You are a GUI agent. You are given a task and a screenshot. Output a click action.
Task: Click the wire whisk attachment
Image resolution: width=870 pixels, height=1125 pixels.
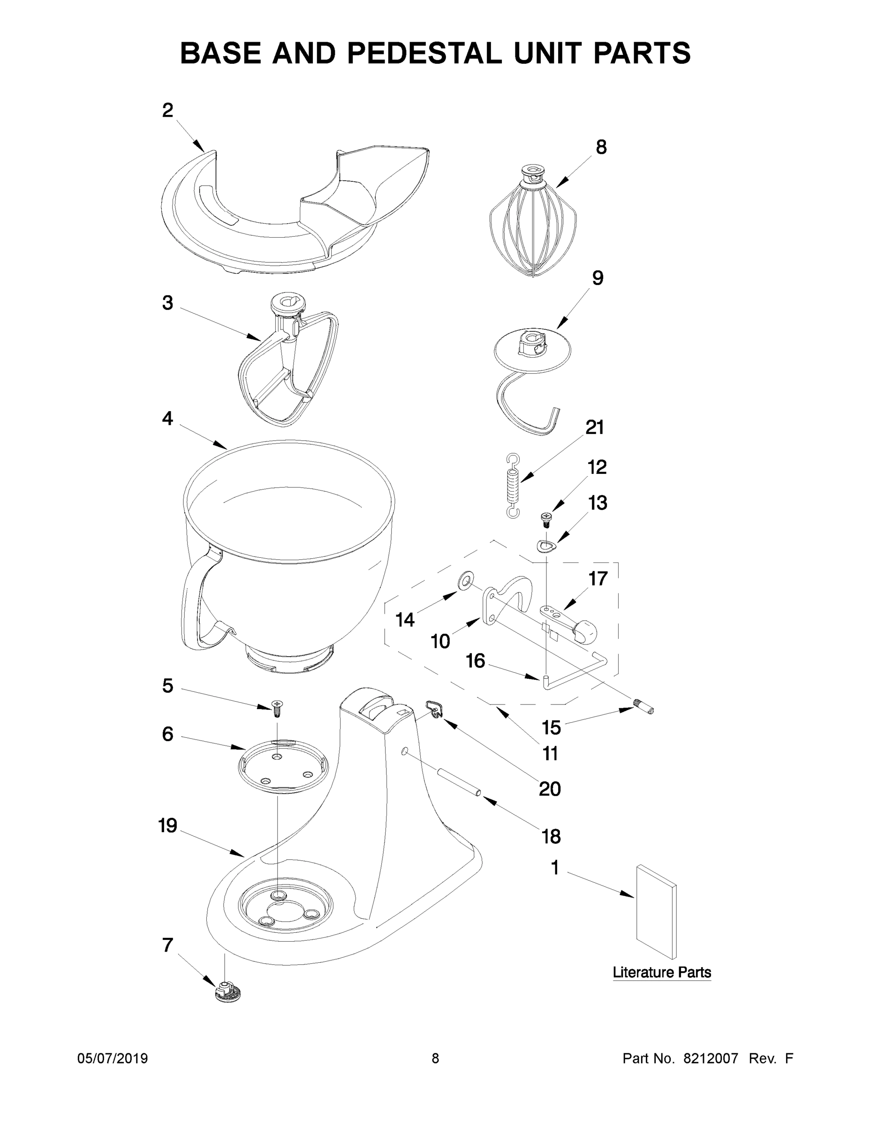coord(532,223)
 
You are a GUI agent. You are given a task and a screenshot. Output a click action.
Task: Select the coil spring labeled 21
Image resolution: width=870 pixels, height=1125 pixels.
coord(512,486)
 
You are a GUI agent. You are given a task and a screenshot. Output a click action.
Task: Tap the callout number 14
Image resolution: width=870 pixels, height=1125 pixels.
coord(405,620)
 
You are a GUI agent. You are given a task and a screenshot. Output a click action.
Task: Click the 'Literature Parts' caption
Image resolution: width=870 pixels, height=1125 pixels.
coord(661,973)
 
